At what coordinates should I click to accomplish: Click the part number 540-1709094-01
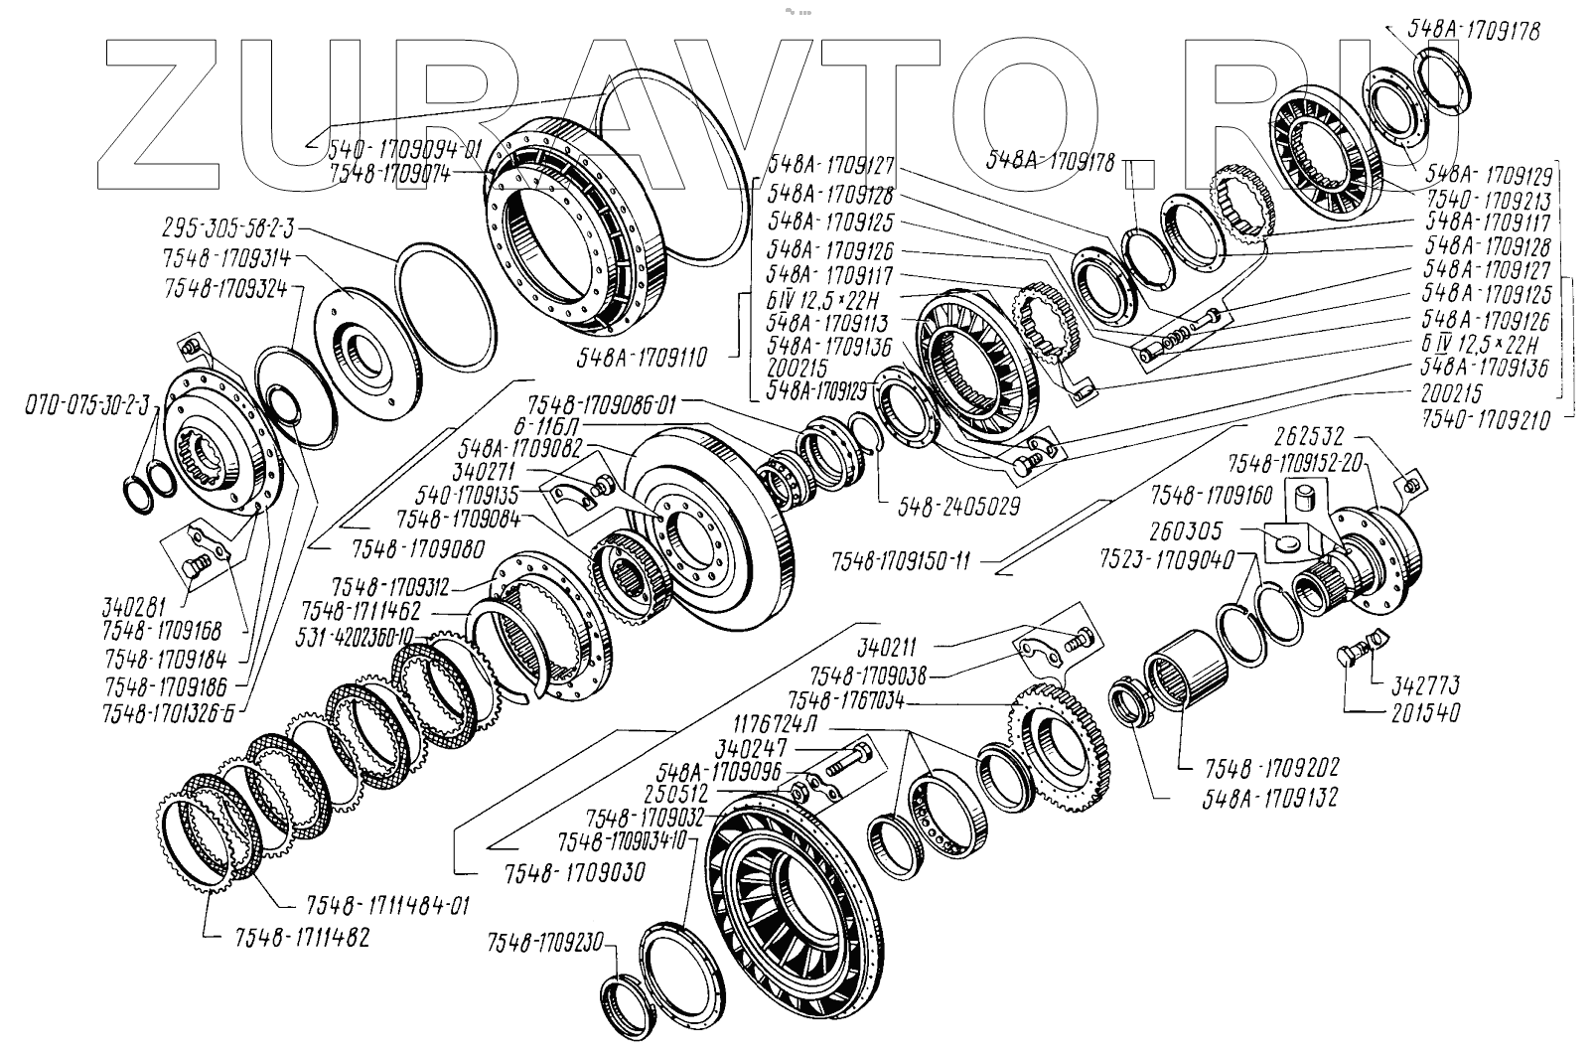tap(405, 150)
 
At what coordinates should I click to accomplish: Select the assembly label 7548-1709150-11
tap(902, 561)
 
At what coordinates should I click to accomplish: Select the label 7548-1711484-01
tap(382, 905)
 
